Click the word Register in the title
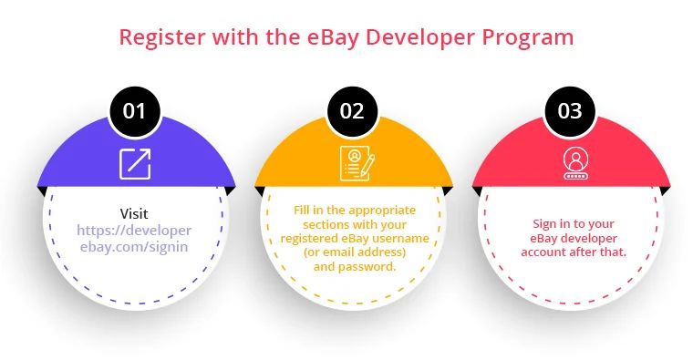(159, 37)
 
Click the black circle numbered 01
(135, 111)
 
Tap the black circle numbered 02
(352, 111)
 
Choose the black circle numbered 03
(570, 111)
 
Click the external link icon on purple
(135, 163)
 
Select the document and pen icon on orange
(353, 163)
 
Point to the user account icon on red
(574, 163)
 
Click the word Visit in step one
(134, 214)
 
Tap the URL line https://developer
(134, 231)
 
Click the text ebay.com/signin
(134, 246)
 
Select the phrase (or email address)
(354, 252)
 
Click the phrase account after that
(574, 252)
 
